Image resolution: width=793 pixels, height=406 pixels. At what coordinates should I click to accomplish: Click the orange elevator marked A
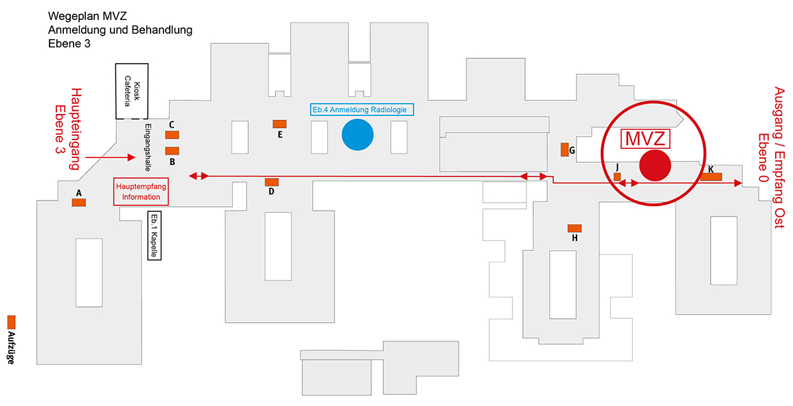coord(78,203)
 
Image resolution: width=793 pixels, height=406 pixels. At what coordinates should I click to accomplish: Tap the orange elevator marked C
coord(172,135)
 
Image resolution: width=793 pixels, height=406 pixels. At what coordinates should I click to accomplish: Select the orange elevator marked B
coord(172,150)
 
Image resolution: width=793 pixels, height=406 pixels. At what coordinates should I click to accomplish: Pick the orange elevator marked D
coord(271,182)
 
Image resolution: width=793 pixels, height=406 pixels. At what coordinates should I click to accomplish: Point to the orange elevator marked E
coord(280,124)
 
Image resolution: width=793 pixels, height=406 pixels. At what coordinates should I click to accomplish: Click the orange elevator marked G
coord(564,150)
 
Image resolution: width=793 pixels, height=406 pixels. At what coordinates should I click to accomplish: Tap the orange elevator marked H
coord(574,228)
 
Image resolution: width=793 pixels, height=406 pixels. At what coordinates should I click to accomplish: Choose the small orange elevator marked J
coord(617,177)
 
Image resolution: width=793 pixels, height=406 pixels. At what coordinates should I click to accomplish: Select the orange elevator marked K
coord(711,177)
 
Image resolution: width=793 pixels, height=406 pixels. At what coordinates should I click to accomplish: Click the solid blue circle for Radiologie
coord(357,135)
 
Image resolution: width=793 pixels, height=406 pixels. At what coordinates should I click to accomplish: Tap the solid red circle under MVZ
coord(655,166)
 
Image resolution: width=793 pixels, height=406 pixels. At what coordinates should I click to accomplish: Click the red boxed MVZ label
coord(645,139)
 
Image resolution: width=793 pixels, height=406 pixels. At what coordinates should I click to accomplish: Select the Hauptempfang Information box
coord(141,192)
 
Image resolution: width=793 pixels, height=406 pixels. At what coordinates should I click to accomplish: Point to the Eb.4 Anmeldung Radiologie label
coord(359,110)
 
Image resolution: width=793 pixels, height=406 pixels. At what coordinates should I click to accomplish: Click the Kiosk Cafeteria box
coord(131,91)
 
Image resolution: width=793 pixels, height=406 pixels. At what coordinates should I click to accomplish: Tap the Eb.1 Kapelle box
coord(154,236)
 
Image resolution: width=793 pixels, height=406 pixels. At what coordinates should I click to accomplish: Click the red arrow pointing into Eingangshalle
coord(110,158)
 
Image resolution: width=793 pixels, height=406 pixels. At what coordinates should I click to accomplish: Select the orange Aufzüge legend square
coord(11,322)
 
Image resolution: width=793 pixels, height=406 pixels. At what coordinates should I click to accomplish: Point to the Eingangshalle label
coord(148,147)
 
